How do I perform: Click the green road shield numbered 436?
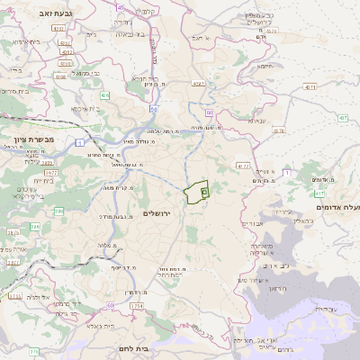pos(104,94)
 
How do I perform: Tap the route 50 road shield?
pos(154,110)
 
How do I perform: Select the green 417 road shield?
pos(319,192)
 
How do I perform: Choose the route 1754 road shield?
pos(136,306)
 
